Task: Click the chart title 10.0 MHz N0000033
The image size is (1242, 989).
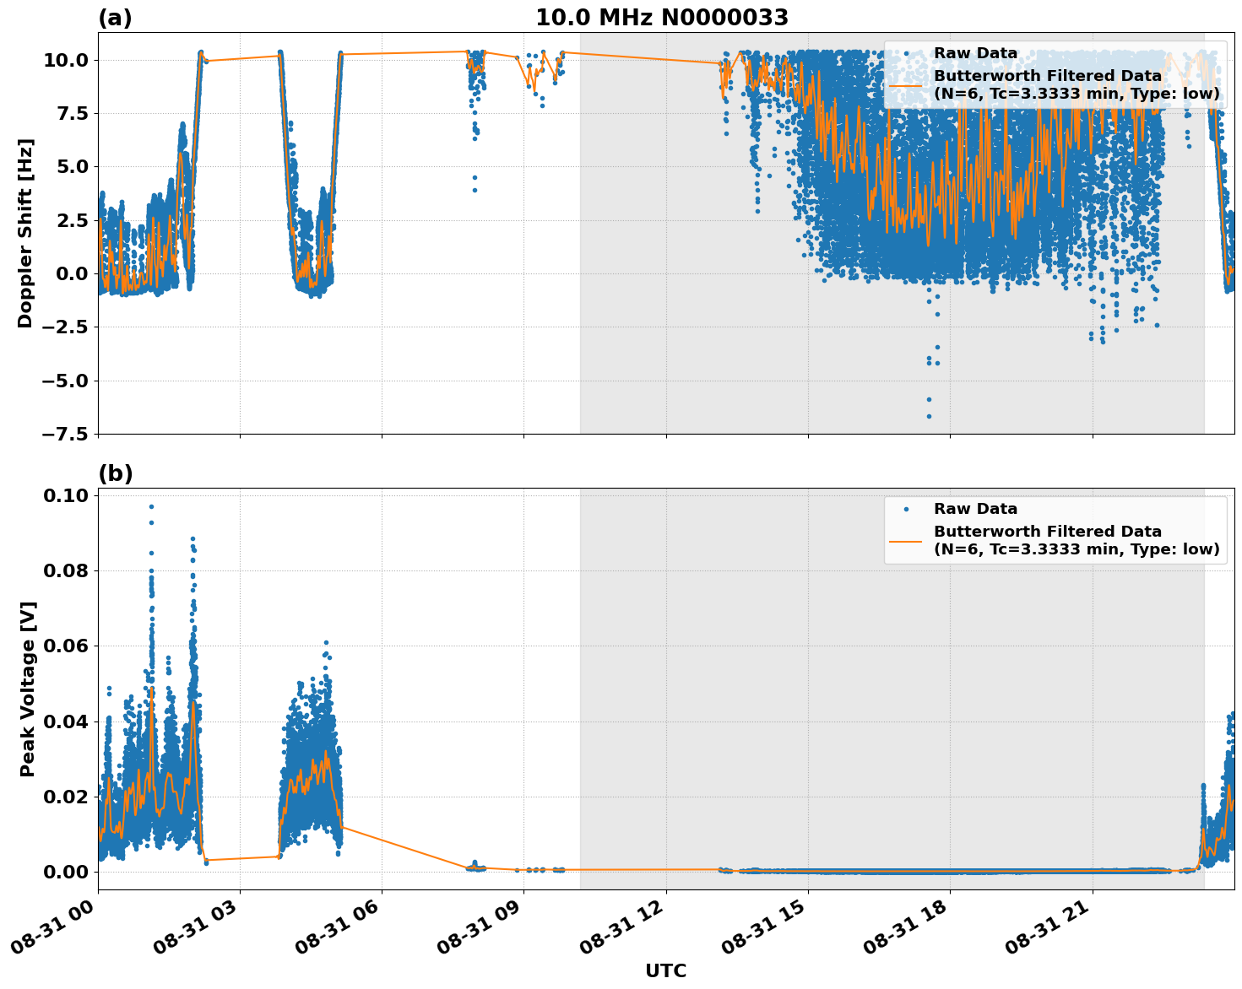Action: [x=662, y=18]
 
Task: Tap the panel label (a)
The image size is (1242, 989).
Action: [x=115, y=18]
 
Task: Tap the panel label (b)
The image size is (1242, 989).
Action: [x=115, y=473]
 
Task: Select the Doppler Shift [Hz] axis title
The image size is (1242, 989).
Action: [x=25, y=233]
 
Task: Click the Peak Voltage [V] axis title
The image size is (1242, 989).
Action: [x=27, y=689]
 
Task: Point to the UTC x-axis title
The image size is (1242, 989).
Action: [x=665, y=970]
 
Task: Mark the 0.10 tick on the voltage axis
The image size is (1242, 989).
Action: [x=67, y=495]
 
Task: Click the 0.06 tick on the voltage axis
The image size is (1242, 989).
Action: [x=67, y=646]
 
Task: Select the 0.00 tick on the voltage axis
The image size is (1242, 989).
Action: [x=67, y=872]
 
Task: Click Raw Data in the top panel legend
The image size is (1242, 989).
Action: [x=975, y=53]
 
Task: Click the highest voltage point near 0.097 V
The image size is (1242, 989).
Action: [x=151, y=506]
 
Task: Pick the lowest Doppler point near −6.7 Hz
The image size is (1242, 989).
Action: [x=929, y=416]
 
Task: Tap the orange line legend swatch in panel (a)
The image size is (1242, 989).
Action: [x=906, y=84]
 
